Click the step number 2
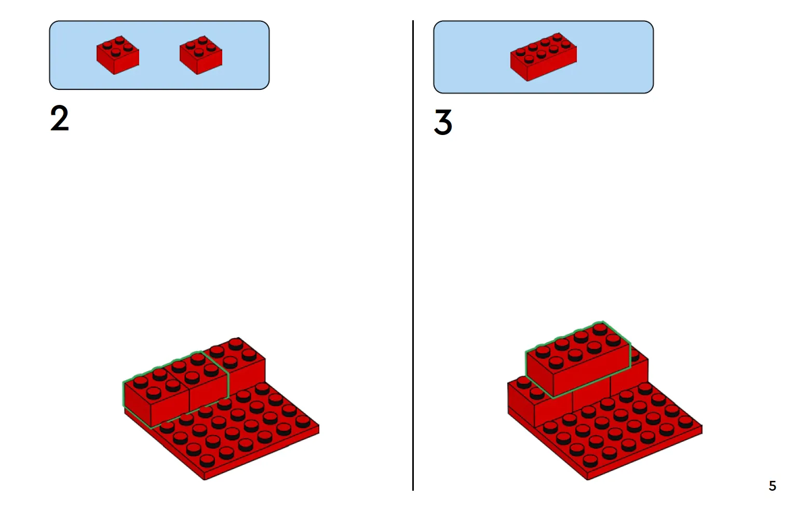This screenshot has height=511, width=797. pos(59,118)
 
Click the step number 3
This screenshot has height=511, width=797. pos(443,123)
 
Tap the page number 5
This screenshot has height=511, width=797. pos(773,486)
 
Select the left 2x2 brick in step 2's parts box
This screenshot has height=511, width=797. pos(118,55)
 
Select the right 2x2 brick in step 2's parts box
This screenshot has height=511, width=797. pos(201,55)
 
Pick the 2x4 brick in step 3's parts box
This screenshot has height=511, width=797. pos(543,57)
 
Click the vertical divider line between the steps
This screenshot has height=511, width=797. pos(413,255)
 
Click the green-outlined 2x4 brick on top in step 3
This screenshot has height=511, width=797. pos(578,359)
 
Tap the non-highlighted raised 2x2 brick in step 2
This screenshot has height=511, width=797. pos(242,359)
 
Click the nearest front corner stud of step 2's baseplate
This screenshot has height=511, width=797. pos(207,461)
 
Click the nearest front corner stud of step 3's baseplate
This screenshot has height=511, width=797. pos(590,461)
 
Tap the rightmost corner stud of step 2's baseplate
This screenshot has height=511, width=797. pos(302,421)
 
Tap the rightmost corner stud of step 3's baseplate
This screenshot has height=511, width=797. pos(686,421)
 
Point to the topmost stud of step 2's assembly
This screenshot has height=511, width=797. pos(236,344)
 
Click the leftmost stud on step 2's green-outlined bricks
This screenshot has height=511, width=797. pos(141,382)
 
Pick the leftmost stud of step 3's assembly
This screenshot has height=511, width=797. pos(524,383)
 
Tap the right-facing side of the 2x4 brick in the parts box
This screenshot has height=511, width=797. pos(552,68)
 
